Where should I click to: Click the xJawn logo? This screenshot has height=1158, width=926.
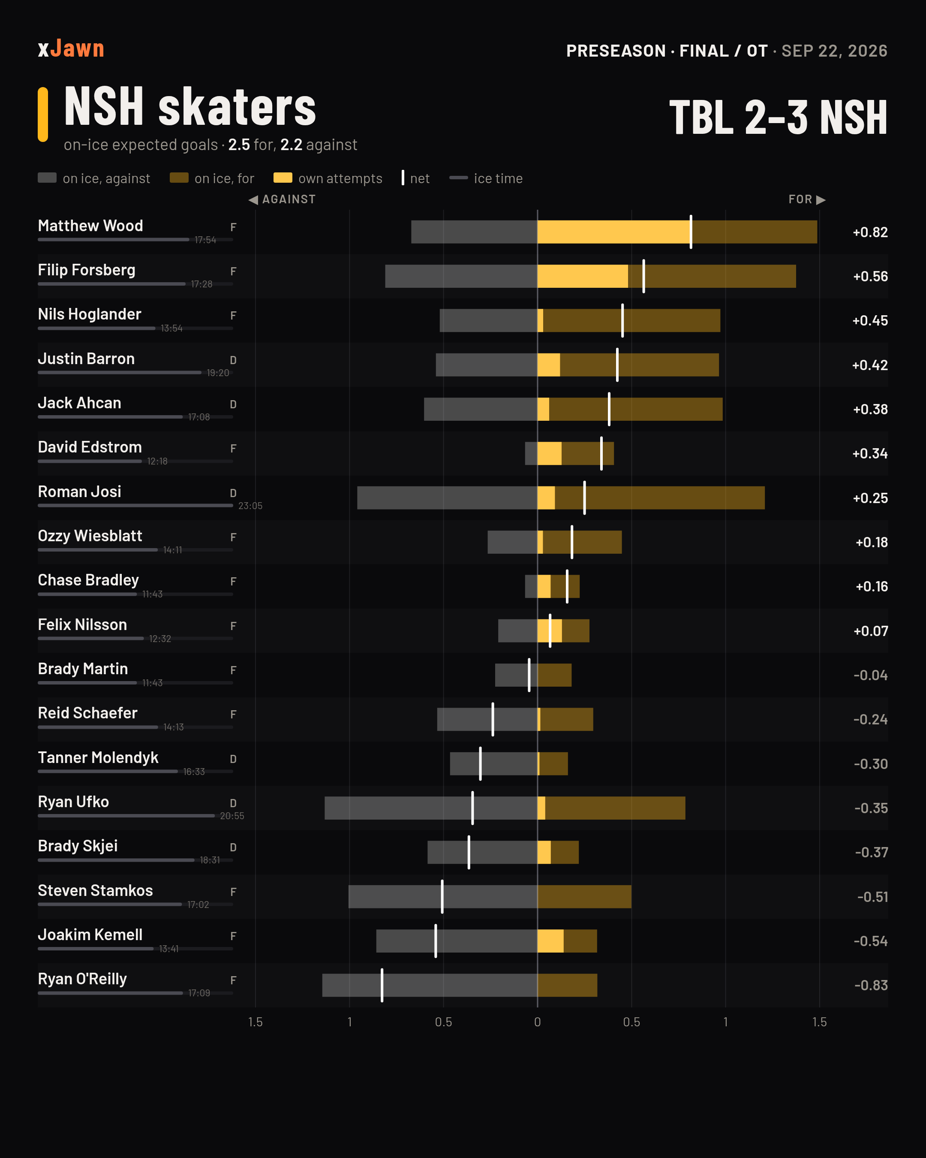coord(71,49)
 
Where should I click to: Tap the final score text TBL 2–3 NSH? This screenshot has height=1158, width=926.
coord(778,117)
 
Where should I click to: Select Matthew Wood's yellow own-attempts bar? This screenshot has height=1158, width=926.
coord(614,232)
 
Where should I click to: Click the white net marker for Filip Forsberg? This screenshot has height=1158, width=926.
coord(643,276)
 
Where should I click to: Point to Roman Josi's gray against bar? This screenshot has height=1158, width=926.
coord(447,498)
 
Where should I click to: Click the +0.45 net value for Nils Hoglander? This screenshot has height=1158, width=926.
coord(870,321)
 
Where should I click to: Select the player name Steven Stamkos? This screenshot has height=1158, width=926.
coord(95,890)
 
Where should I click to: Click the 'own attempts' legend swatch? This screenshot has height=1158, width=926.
coord(283,178)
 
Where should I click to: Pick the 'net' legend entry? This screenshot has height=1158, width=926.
coord(415,178)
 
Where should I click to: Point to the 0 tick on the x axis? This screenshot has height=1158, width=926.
coord(537,1022)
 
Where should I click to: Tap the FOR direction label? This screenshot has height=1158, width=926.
coord(807,199)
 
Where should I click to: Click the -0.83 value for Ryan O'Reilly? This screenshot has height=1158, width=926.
coord(870,986)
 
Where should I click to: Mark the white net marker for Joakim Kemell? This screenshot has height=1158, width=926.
coord(436,941)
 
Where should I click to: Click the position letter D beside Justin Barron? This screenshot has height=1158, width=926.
coord(233,360)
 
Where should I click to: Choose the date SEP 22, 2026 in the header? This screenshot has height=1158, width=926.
coord(834,51)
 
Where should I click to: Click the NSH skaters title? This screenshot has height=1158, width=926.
coord(190,107)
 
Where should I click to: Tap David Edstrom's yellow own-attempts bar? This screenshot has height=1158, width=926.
coord(550,454)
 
